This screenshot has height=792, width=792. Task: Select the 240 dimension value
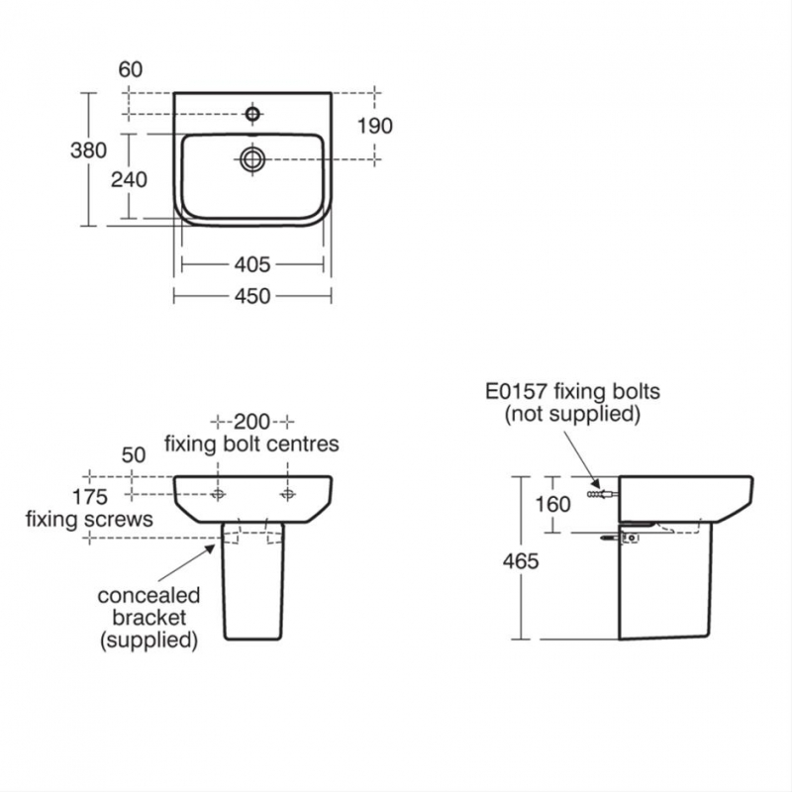point(130,179)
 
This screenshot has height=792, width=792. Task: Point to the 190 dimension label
point(375,126)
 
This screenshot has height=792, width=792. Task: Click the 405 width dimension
point(252,264)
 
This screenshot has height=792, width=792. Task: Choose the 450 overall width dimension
point(252,296)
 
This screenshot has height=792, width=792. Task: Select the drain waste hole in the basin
point(253,157)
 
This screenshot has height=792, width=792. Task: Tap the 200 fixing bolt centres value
point(252,420)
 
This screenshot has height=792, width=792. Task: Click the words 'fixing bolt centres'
point(252,444)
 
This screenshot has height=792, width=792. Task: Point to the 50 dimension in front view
point(133,454)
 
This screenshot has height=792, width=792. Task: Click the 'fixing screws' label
point(89,518)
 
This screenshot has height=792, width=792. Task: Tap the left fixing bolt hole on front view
point(219,493)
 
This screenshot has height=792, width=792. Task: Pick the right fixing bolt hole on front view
point(288,493)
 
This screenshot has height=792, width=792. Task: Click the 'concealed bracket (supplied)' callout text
point(148,618)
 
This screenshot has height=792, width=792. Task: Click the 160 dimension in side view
point(552,504)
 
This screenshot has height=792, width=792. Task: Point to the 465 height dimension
point(520,561)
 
